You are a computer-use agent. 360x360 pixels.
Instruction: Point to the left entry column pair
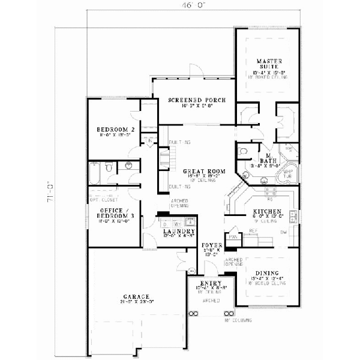[193, 314]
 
